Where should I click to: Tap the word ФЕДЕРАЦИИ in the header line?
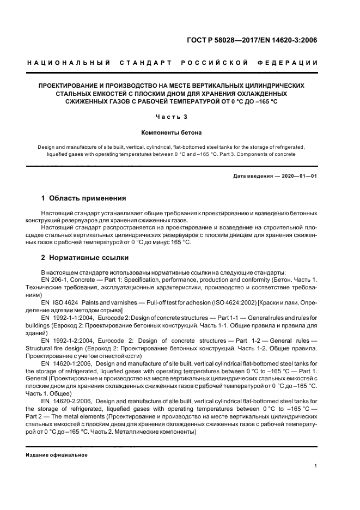(293, 63)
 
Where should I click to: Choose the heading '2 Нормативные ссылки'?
(85, 257)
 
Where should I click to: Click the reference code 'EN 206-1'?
(54, 279)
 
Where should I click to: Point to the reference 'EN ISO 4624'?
(59, 301)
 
